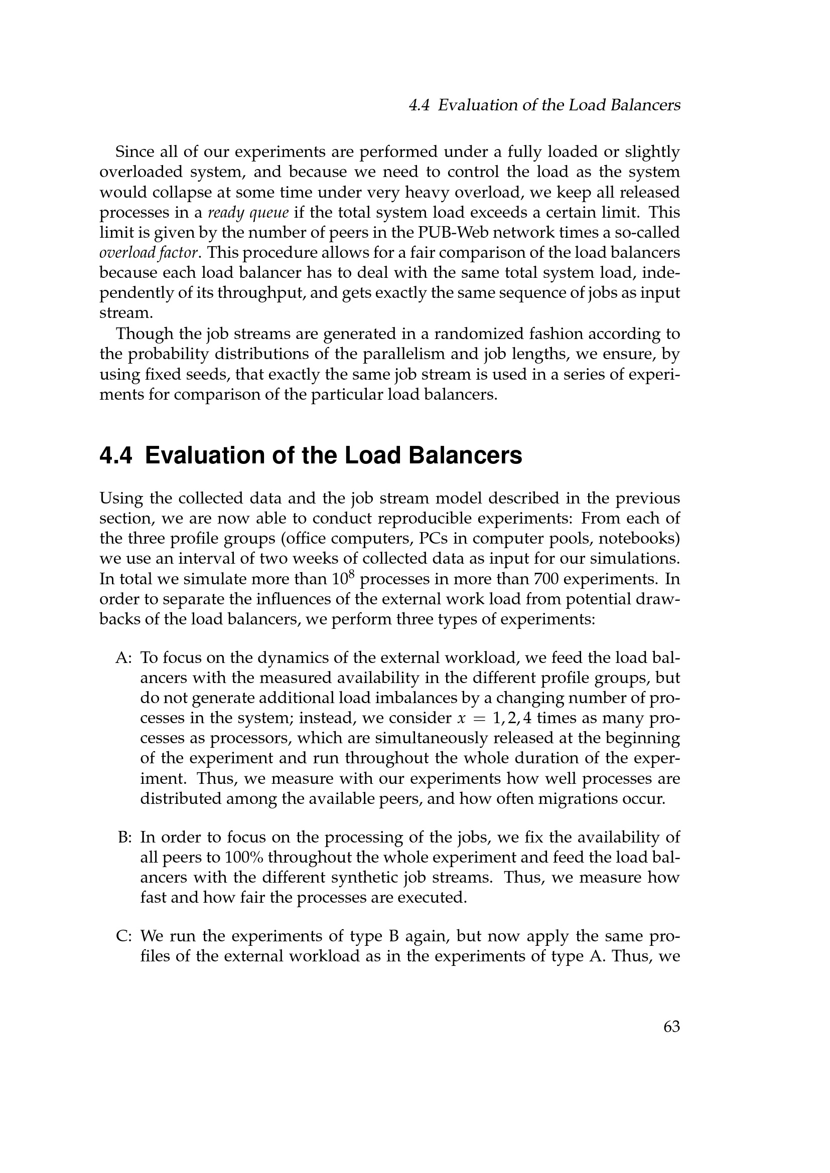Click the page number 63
[671, 1027]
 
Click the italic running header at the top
[545, 105]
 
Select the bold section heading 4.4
[311, 456]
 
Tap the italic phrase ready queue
[249, 213]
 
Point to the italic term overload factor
[148, 253]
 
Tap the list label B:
[125, 837]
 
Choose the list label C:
[124, 936]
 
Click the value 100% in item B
[244, 857]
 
